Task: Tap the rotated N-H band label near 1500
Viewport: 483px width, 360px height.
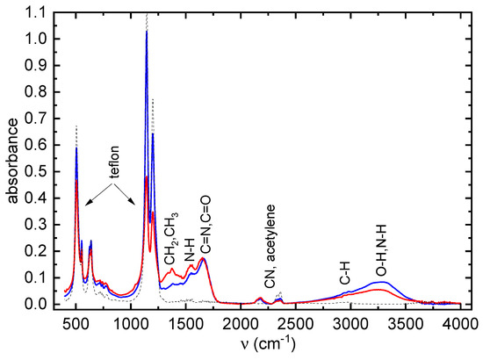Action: [x=190, y=251]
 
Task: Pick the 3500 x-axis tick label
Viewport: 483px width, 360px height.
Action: [x=406, y=321]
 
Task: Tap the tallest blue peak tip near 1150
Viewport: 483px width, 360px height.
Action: [x=147, y=33]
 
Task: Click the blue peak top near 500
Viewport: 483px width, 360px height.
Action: [x=76, y=148]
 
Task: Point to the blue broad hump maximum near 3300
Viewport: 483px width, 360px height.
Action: [x=380, y=281]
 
